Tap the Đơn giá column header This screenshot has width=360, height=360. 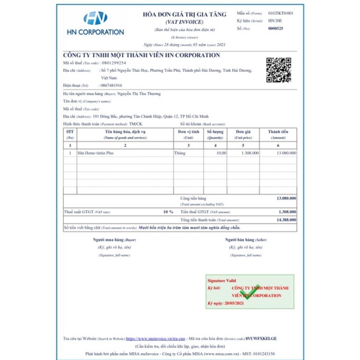click(x=244, y=133)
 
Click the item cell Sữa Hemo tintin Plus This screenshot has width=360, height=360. click(x=100, y=152)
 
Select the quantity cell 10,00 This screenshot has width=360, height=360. click(x=219, y=152)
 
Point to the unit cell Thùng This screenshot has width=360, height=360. click(x=181, y=152)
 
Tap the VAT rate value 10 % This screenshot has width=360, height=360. click(x=168, y=211)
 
